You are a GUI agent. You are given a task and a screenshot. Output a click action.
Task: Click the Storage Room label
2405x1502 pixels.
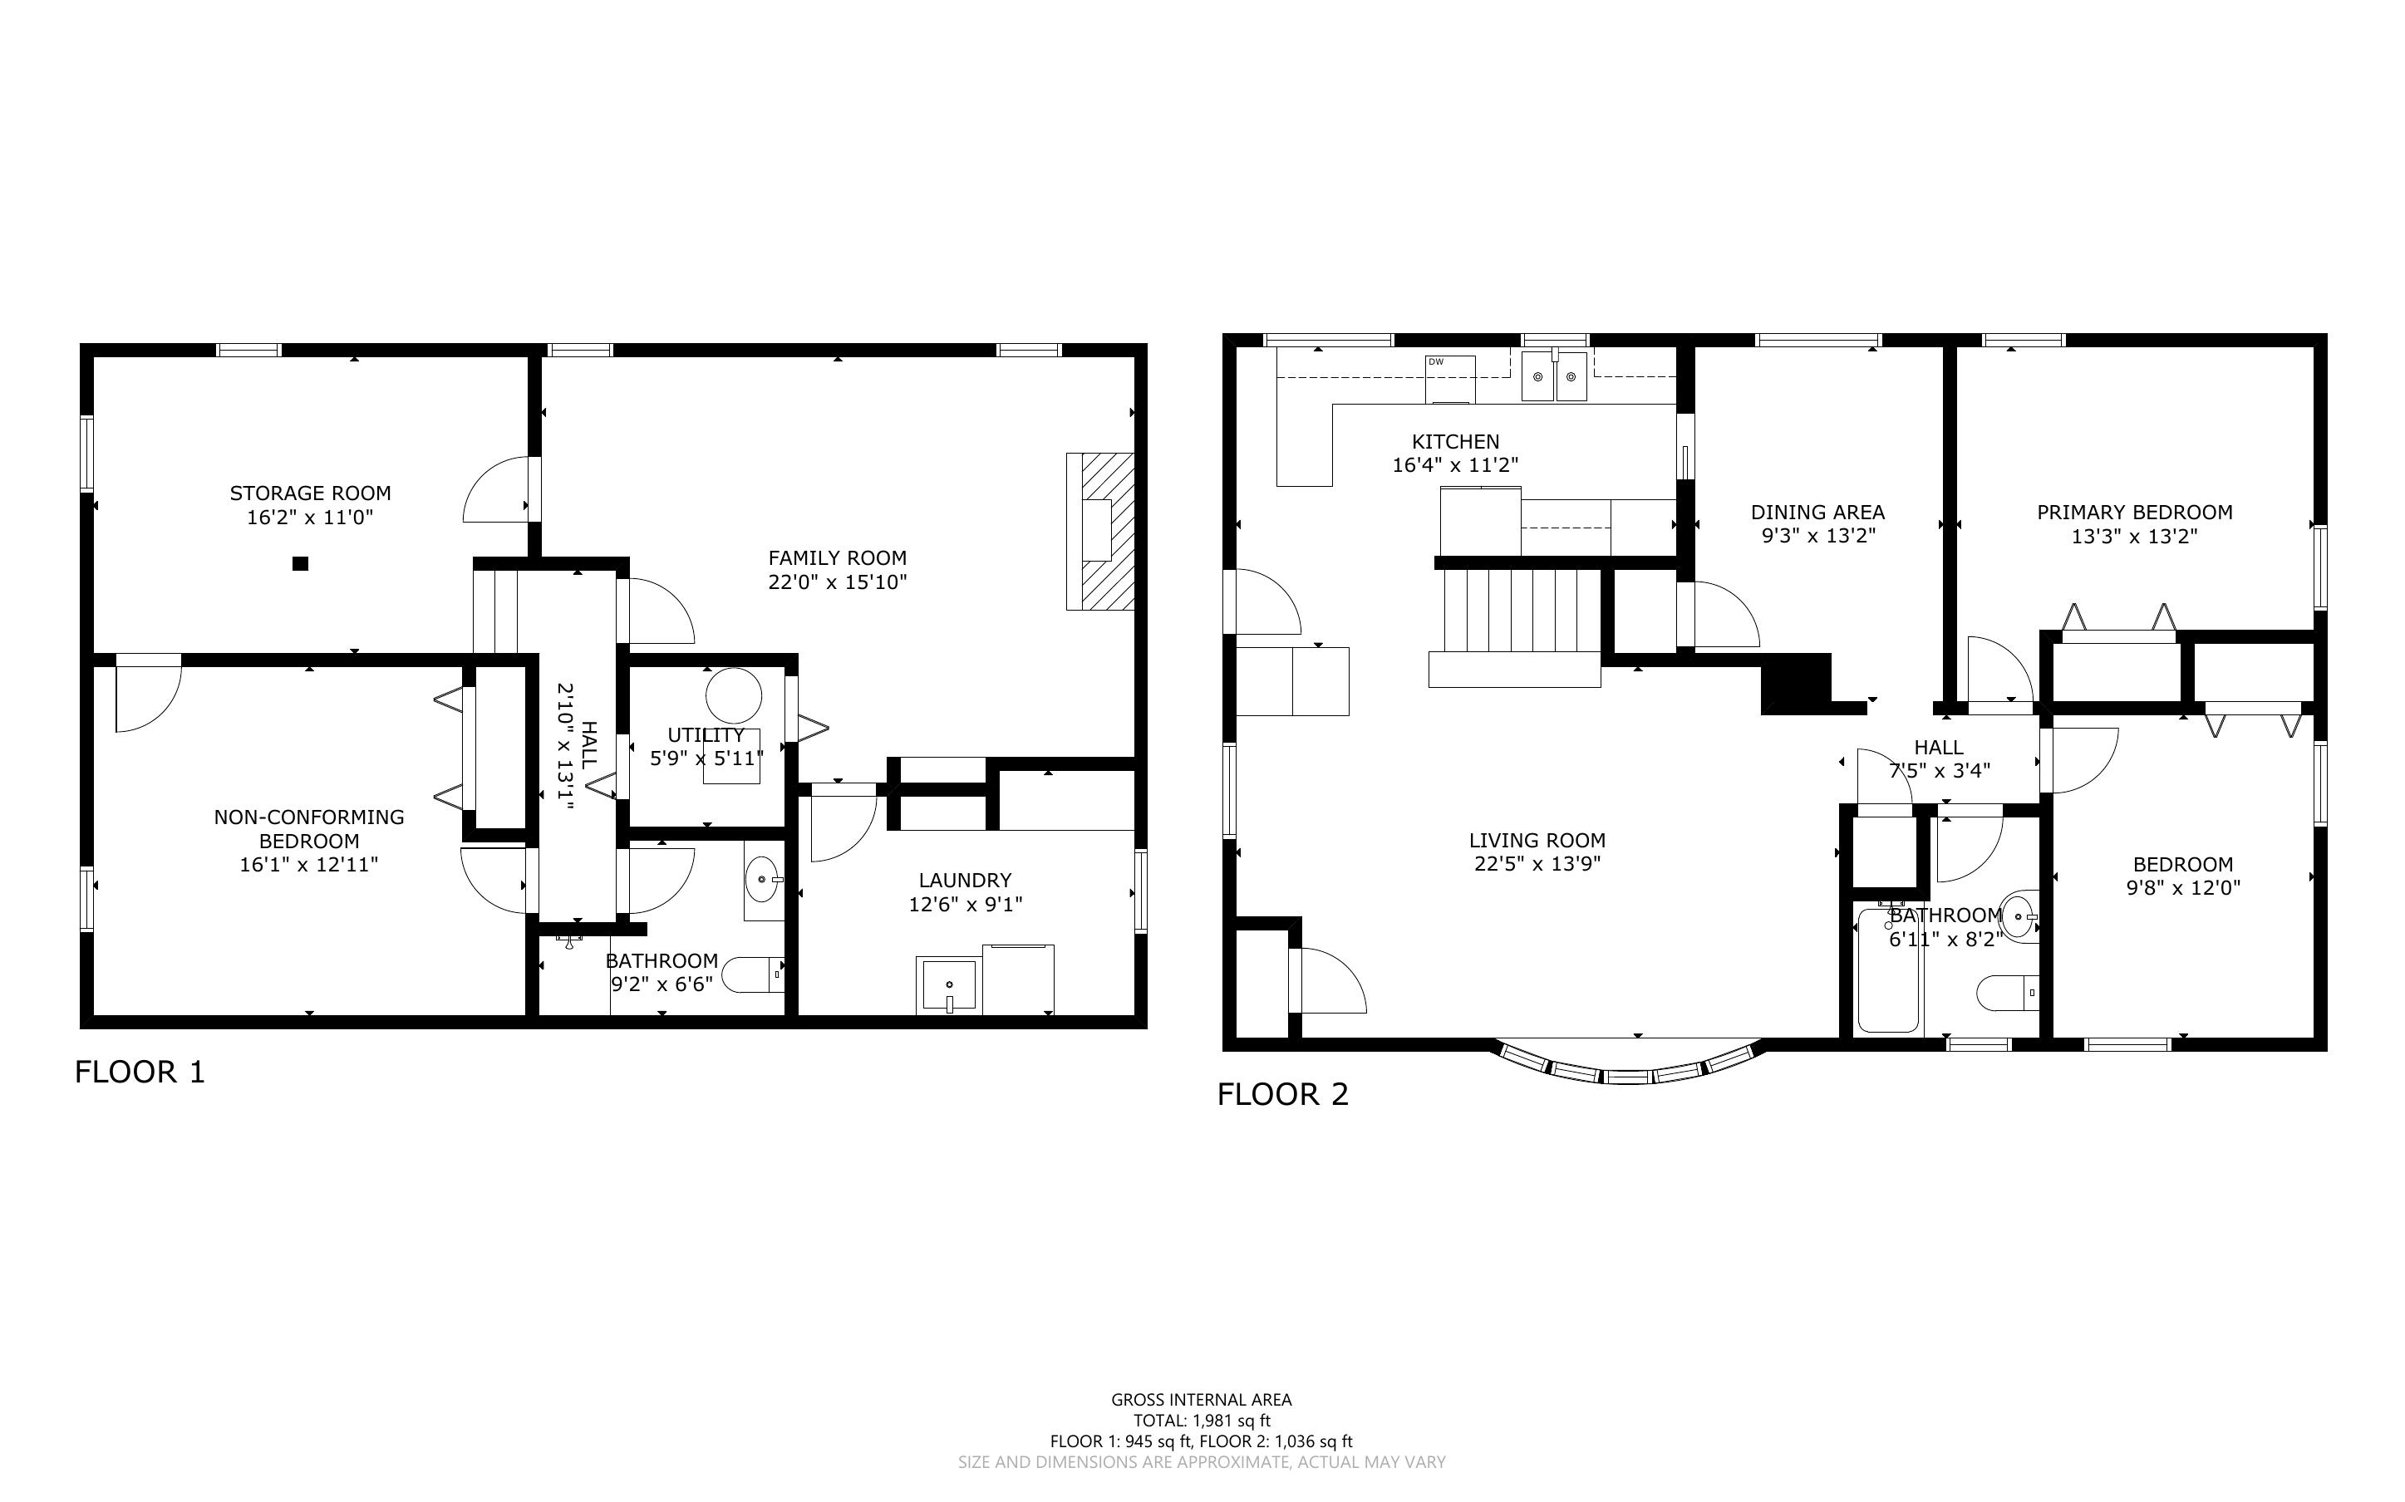tap(310, 493)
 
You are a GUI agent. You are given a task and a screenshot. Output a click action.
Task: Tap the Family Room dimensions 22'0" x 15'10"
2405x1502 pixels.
tap(838, 582)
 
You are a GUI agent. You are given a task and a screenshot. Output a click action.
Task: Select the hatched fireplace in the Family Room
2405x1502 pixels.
tap(1099, 531)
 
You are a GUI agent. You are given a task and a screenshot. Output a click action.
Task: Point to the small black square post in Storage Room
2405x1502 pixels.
tap(300, 563)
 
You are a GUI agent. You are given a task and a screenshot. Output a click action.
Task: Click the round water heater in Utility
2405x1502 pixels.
tap(734, 695)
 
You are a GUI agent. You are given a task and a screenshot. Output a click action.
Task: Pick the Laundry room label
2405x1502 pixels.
tap(965, 880)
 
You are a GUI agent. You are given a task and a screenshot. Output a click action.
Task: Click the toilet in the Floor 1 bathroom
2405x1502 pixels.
tap(753, 974)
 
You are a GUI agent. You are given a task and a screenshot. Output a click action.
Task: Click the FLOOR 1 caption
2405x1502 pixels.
tap(140, 1072)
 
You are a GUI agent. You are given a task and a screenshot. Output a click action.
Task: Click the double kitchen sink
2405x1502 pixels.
tap(1554, 376)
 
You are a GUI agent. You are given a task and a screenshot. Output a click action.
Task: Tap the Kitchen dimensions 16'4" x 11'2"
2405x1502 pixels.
tap(1455, 465)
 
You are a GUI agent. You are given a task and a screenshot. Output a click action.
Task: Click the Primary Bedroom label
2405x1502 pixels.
tap(2134, 513)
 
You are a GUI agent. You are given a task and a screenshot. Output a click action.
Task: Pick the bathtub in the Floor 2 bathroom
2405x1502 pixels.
tap(1887, 970)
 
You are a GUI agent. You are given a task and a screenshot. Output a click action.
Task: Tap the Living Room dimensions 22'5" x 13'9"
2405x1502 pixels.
tap(1537, 864)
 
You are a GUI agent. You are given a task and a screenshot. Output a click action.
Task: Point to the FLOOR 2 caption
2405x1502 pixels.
tap(1282, 1095)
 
